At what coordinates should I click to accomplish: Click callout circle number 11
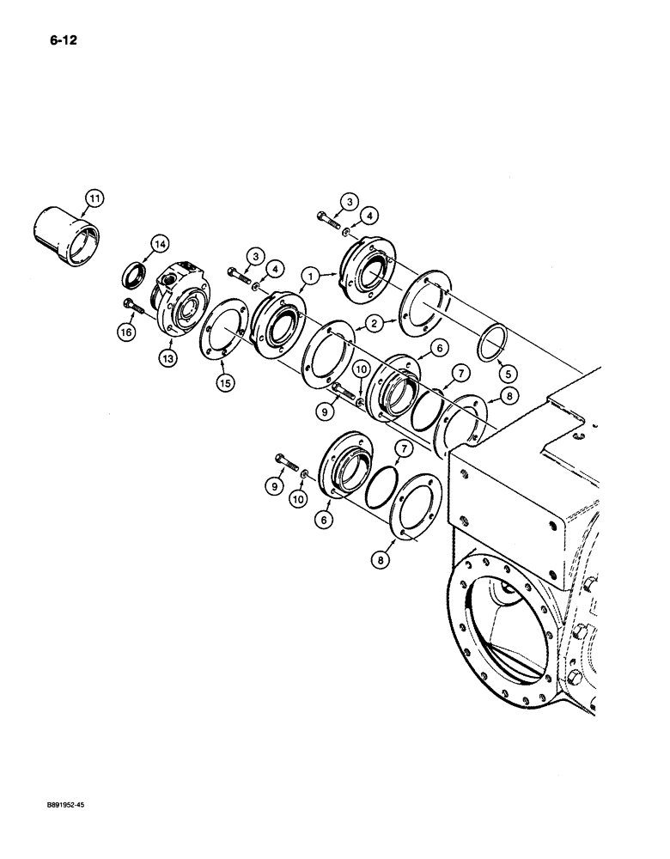point(92,202)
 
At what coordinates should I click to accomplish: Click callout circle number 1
point(307,275)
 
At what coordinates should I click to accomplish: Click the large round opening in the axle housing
point(515,627)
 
